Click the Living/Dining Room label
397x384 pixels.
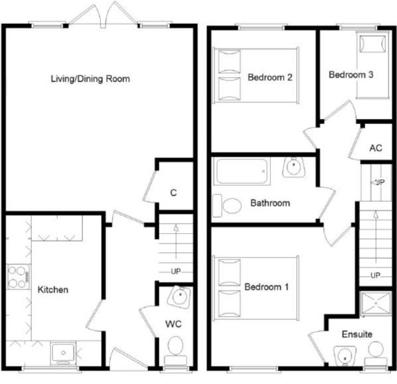click(x=90, y=79)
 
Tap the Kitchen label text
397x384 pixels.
click(x=52, y=289)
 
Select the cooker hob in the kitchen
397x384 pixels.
click(x=16, y=277)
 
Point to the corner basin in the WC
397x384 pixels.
click(x=179, y=297)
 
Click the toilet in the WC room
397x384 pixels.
click(x=175, y=346)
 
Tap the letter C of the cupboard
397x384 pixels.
click(x=173, y=193)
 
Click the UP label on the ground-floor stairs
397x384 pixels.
click(x=176, y=272)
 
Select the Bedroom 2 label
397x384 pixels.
click(x=270, y=77)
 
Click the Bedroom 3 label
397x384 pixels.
click(x=351, y=75)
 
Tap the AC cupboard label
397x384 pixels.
click(x=376, y=147)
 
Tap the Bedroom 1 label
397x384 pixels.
click(x=267, y=288)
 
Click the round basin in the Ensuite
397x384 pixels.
click(x=345, y=357)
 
